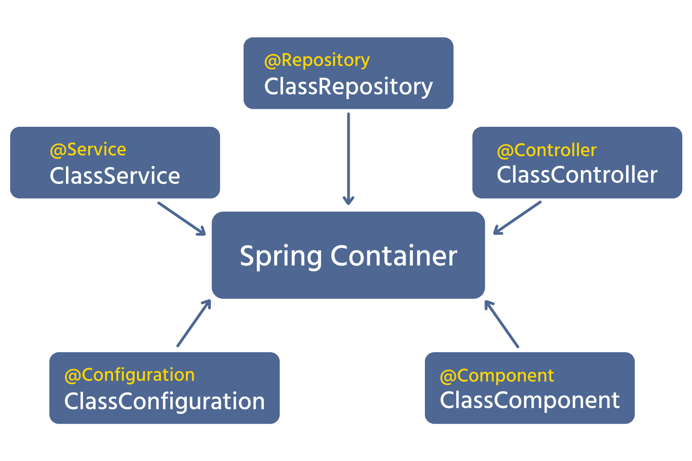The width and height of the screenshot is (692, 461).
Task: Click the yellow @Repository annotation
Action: click(317, 60)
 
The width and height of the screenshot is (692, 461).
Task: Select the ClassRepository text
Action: click(348, 87)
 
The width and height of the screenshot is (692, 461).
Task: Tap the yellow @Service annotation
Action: click(88, 149)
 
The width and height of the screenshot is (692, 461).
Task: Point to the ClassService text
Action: click(115, 176)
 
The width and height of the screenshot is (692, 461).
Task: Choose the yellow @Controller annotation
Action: click(547, 150)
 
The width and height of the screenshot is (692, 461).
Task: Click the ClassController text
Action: click(577, 175)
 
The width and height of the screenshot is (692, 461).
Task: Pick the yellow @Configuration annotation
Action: click(130, 375)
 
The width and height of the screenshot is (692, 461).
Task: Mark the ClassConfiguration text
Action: click(165, 401)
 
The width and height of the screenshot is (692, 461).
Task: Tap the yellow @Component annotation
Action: click(497, 376)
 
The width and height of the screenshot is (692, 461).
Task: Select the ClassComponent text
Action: click(530, 400)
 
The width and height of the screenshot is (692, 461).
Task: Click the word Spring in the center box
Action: click(281, 256)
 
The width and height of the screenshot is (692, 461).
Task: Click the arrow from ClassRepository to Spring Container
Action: click(348, 157)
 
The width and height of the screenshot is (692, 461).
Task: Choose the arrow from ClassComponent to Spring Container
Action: click(502, 325)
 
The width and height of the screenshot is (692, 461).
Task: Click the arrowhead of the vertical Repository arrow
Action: click(348, 201)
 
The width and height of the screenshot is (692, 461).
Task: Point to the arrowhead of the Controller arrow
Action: click(496, 231)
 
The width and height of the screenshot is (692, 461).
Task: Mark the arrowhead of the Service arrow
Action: click(202, 232)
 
